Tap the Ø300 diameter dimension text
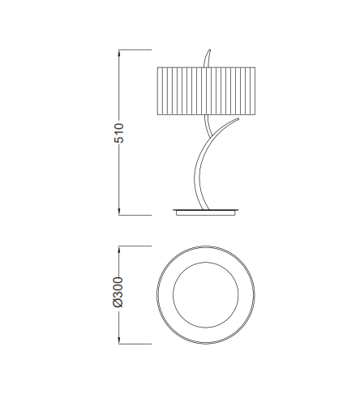tap(119, 292)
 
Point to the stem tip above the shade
tap(209, 53)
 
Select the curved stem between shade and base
tap(197, 166)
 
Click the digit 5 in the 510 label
tap(119, 139)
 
